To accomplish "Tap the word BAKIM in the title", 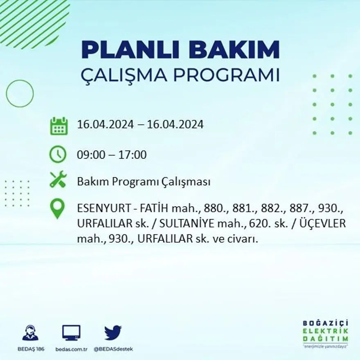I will point(234,50).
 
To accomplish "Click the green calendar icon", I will point(59,126).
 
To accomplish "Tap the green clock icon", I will point(58,154).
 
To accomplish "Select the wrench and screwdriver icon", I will point(58,180).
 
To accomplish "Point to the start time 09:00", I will point(89,155).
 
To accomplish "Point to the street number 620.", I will point(257,224).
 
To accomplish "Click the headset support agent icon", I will point(30,333).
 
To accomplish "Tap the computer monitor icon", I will point(71,333).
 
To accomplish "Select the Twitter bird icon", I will point(113,333).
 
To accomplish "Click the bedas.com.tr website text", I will point(72,349).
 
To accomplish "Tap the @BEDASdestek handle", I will point(113,349).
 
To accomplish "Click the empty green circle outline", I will point(20,94).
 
